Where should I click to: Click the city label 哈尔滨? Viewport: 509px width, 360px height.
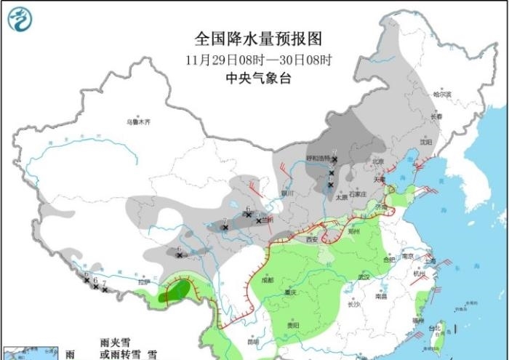pos(442,95)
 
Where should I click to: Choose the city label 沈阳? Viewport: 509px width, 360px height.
pos(426,143)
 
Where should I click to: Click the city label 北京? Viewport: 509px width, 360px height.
pos(377,161)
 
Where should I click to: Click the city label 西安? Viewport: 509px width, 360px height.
pos(311,239)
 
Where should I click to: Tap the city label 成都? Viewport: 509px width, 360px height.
pos(268,279)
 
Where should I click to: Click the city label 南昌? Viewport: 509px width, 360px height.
pos(382,297)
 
